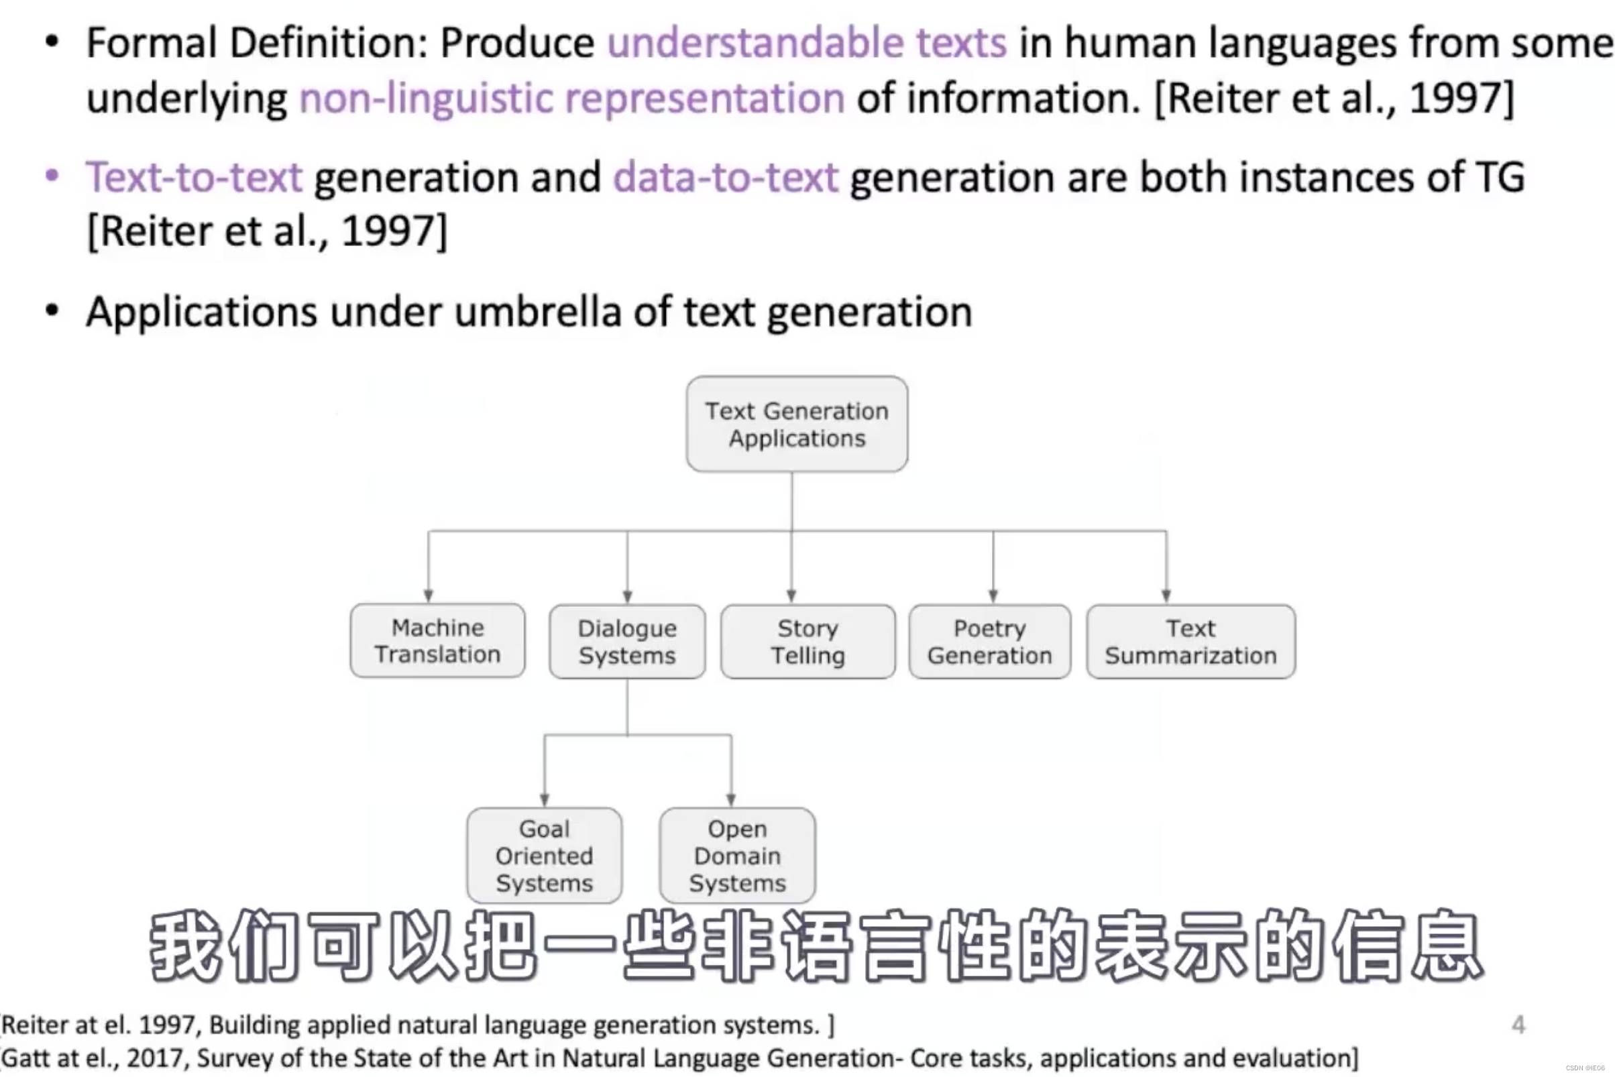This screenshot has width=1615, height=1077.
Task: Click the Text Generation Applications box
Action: [x=797, y=424]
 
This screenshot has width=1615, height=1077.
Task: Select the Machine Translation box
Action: [x=437, y=641]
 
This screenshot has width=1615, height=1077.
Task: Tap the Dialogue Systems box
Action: [x=627, y=642]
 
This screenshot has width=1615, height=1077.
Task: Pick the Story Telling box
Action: [x=808, y=642]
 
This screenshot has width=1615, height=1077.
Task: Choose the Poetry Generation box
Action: [x=990, y=642]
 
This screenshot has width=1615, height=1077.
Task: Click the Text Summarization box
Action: [x=1190, y=642]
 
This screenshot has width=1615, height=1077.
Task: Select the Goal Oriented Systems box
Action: [x=544, y=855]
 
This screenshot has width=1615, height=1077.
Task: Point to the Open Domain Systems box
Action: [x=737, y=855]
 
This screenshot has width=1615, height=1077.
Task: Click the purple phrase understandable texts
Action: [x=807, y=43]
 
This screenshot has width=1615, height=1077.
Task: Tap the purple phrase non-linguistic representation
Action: [x=571, y=97]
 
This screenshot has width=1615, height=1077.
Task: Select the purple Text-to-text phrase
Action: [x=194, y=177]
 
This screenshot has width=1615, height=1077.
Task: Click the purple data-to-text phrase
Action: [x=726, y=177]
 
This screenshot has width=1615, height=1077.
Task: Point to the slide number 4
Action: [x=1518, y=1025]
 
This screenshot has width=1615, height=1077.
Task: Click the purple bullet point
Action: [x=52, y=176]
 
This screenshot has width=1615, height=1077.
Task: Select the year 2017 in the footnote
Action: [x=158, y=1058]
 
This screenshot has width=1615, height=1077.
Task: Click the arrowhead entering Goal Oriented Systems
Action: [x=545, y=800]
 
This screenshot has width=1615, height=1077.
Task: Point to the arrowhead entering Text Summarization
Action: [x=1166, y=596]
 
